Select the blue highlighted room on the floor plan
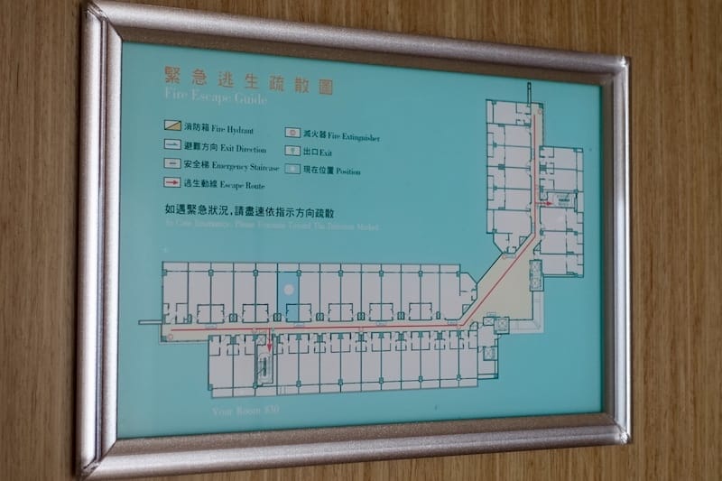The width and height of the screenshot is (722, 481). tap(290, 294)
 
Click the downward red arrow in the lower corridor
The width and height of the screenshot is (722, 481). tap(268, 342)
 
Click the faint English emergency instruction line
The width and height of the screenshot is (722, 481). tap(271, 227)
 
